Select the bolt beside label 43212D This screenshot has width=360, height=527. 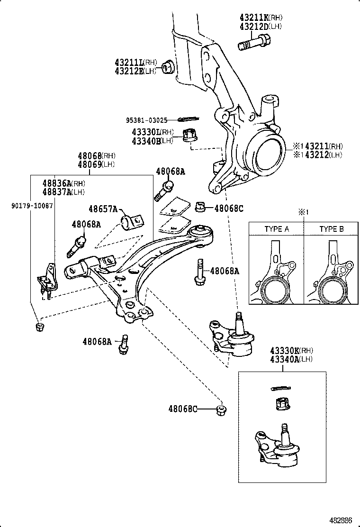[x=253, y=45]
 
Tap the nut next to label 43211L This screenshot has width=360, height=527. [x=167, y=67]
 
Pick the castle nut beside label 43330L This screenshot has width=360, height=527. [x=189, y=136]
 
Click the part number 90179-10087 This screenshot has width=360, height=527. [x=32, y=205]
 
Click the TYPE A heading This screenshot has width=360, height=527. [x=277, y=228]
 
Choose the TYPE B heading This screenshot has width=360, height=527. [x=332, y=228]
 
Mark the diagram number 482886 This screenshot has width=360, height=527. [x=341, y=519]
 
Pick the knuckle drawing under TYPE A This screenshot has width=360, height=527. [x=276, y=275]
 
